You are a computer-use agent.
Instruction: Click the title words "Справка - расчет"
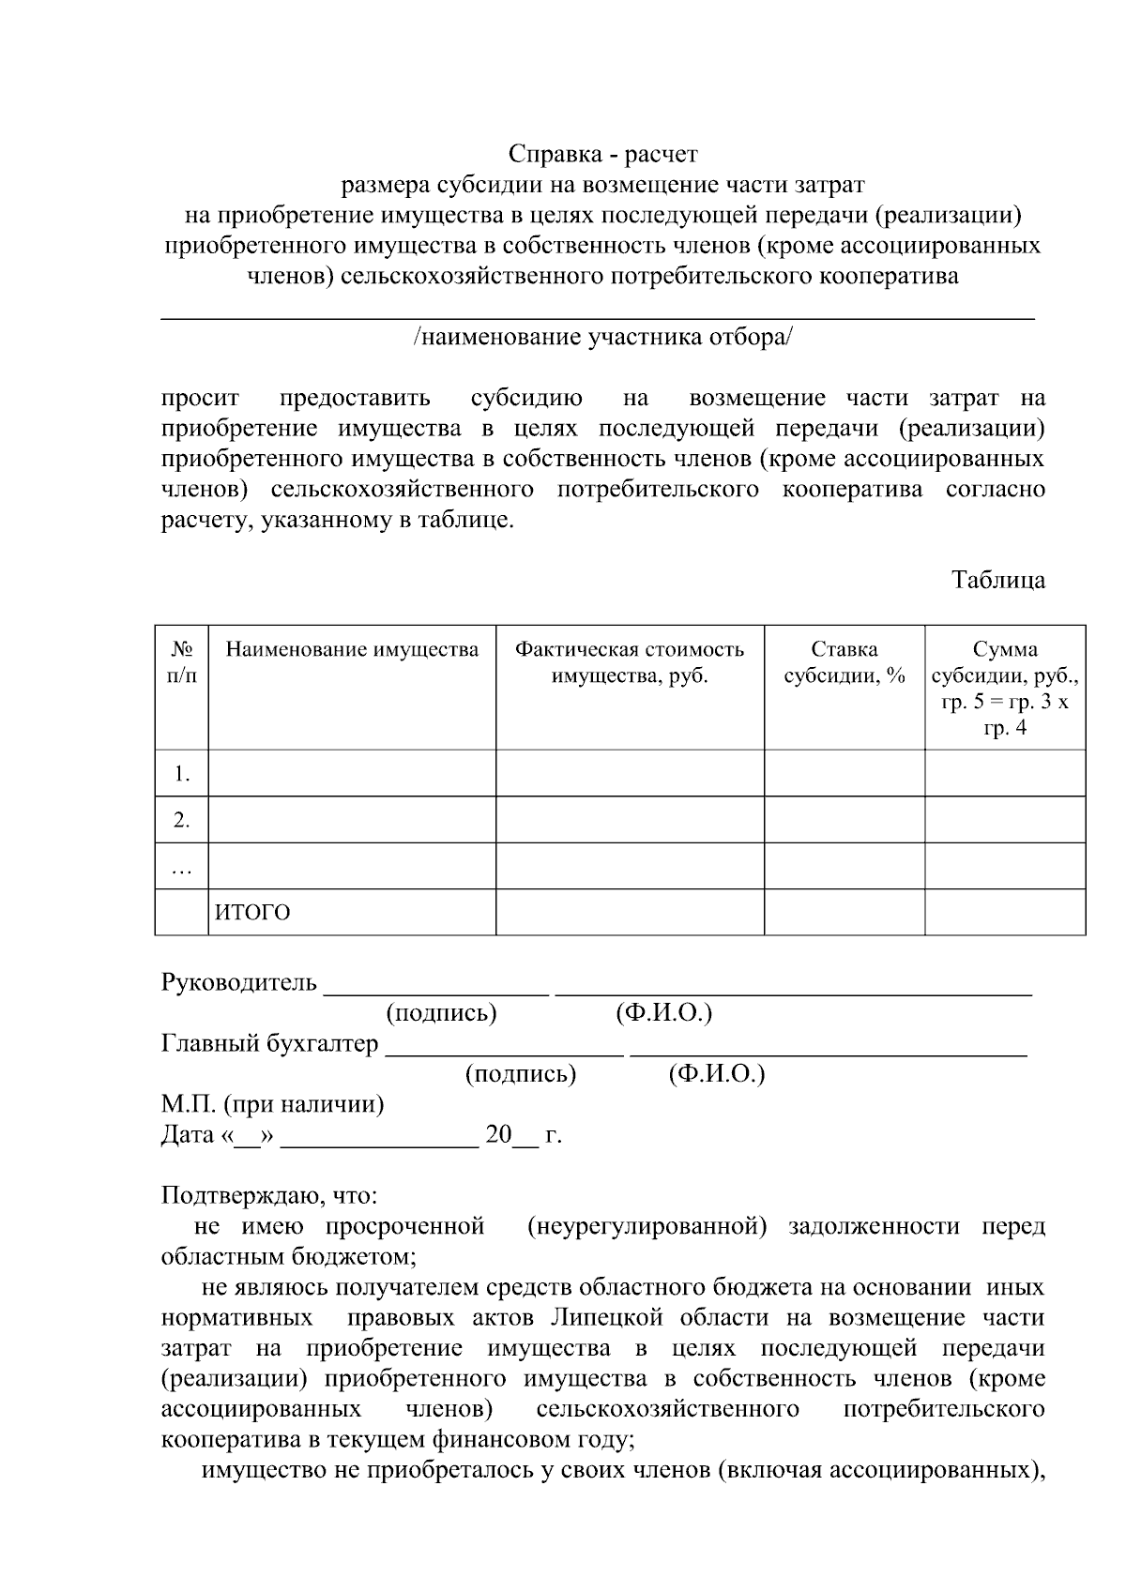point(602,153)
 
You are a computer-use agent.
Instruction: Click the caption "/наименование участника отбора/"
point(602,337)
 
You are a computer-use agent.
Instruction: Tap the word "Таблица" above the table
point(998,580)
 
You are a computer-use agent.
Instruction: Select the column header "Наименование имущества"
point(352,650)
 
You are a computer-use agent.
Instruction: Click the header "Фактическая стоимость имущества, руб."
point(630,662)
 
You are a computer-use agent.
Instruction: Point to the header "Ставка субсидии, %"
point(844,662)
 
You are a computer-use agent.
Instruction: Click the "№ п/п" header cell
point(181,662)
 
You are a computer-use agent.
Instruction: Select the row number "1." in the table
point(181,774)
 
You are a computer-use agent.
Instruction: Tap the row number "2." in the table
point(181,821)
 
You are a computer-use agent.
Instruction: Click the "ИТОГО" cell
point(253,913)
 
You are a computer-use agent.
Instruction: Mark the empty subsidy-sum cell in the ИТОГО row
point(1005,913)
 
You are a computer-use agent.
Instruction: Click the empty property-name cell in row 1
point(352,774)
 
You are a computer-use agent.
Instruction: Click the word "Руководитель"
point(239,983)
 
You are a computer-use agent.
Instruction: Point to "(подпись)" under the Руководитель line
point(441,1013)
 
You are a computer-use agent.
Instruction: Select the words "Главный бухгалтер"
point(270,1044)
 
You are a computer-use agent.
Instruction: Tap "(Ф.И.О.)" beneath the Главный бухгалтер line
point(717,1074)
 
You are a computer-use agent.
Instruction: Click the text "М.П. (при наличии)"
point(273,1104)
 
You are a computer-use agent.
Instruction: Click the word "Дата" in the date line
point(188,1135)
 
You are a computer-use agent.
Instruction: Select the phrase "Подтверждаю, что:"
point(269,1196)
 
